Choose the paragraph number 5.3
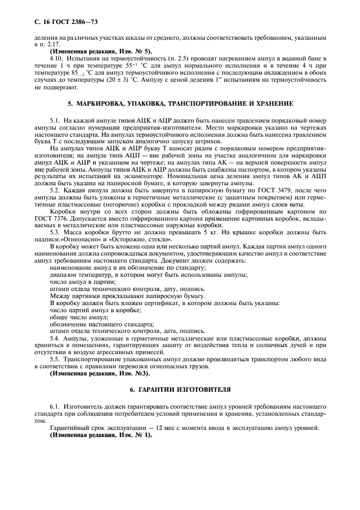point(56,232)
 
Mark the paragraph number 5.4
point(56,338)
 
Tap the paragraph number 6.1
point(56,406)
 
